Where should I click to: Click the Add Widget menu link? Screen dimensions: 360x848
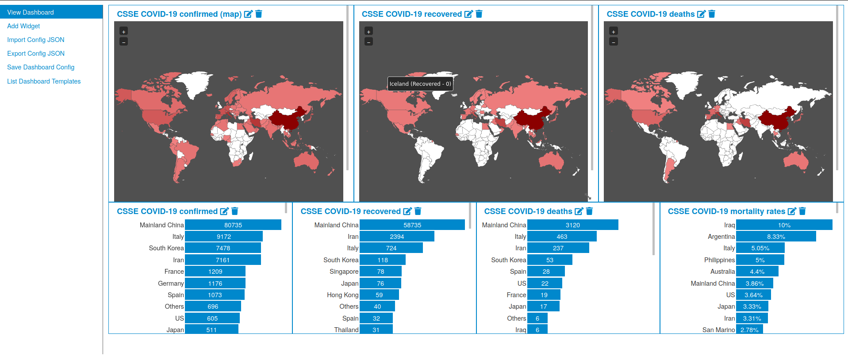23,26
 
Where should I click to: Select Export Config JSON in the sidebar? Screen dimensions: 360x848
36,54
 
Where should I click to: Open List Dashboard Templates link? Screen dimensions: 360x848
44,81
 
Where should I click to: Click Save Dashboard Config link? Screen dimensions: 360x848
41,67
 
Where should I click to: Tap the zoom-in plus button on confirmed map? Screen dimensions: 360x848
124,31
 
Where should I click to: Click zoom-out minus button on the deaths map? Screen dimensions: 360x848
613,42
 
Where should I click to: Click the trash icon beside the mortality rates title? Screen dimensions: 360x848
802,211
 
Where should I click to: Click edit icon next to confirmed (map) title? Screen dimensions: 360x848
248,14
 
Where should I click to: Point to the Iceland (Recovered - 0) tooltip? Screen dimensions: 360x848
420,84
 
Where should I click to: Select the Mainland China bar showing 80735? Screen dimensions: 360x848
233,225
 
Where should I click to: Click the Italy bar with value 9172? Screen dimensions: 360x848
223,237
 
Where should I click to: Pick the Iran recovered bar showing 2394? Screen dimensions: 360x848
396,237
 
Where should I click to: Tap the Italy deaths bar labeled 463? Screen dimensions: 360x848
561,237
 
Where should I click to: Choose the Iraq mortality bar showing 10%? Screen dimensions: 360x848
784,225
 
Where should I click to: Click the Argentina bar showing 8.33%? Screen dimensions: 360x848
775,237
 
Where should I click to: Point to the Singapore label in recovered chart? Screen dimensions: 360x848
344,272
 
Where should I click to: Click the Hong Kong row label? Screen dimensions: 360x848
342,295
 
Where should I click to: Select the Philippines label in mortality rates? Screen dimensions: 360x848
719,260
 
